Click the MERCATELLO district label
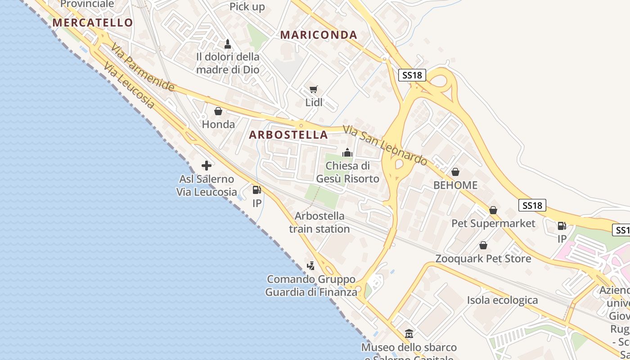pyautogui.click(x=93, y=22)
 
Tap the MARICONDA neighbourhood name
pyautogui.click(x=319, y=35)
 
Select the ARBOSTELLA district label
pyautogui.click(x=288, y=135)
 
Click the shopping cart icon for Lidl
pyautogui.click(x=314, y=90)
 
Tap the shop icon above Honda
pyautogui.click(x=218, y=111)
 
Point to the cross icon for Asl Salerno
pyautogui.click(x=207, y=166)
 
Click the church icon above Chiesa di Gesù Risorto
pyautogui.click(x=347, y=153)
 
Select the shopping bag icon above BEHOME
pyautogui.click(x=455, y=172)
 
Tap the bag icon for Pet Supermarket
pyautogui.click(x=493, y=210)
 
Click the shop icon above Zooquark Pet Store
pyautogui.click(x=483, y=245)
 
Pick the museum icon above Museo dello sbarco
pyautogui.click(x=409, y=334)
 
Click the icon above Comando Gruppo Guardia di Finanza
pyautogui.click(x=311, y=266)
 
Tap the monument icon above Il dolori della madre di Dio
pyautogui.click(x=228, y=44)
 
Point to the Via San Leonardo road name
pyautogui.click(x=385, y=145)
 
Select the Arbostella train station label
pyautogui.click(x=319, y=222)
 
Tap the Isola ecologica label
pyautogui.click(x=502, y=300)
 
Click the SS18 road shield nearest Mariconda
pyautogui.click(x=412, y=75)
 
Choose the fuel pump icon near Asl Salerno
pyautogui.click(x=256, y=190)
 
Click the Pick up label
pyautogui.click(x=247, y=7)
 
